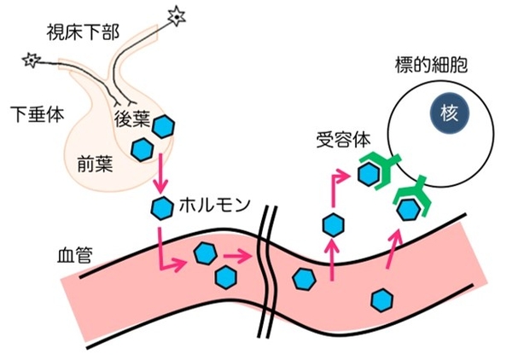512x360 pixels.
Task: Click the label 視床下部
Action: pyautogui.click(x=84, y=32)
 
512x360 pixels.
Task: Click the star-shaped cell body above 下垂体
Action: pyautogui.click(x=32, y=60)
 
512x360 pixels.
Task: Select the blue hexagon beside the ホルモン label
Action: pyautogui.click(x=161, y=206)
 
